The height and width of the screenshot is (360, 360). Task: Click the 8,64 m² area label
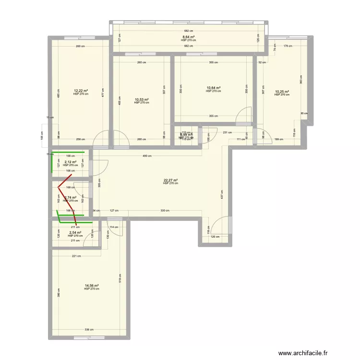(x=188, y=37)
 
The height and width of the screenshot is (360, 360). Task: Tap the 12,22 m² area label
(x=81, y=90)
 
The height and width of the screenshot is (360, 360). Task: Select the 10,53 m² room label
(x=142, y=100)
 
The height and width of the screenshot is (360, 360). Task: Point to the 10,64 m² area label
(x=213, y=88)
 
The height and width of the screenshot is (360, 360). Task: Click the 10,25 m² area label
(x=282, y=92)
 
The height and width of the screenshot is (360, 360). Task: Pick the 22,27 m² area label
(x=170, y=180)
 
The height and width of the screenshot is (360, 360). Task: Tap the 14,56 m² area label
(x=92, y=286)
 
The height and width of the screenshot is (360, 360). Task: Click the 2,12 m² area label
(x=70, y=162)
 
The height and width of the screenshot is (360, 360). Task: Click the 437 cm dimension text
(x=222, y=194)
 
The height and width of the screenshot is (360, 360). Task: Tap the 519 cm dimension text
(x=120, y=277)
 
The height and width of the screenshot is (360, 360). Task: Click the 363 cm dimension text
(x=301, y=80)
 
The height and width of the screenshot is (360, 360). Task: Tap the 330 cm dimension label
(x=165, y=210)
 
